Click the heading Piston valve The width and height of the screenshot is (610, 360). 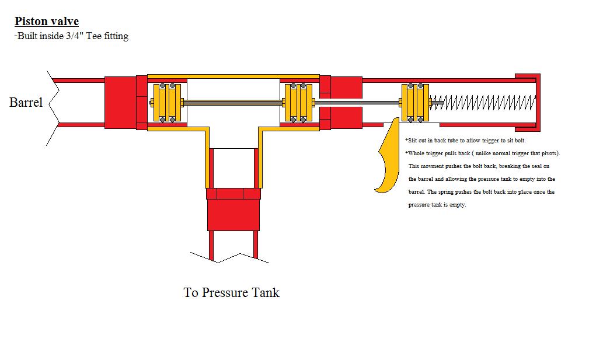tap(47, 22)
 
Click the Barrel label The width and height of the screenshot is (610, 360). tap(26, 103)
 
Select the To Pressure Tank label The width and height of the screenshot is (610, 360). tap(231, 292)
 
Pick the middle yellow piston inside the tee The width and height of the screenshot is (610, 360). tap(298, 103)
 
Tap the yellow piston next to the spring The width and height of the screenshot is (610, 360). tap(415, 103)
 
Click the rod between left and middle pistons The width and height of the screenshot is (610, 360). tap(233, 103)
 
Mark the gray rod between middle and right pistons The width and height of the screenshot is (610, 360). tap(358, 103)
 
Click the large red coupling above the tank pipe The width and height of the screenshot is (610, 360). tap(233, 215)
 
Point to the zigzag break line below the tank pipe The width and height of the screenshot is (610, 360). tap(231, 257)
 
